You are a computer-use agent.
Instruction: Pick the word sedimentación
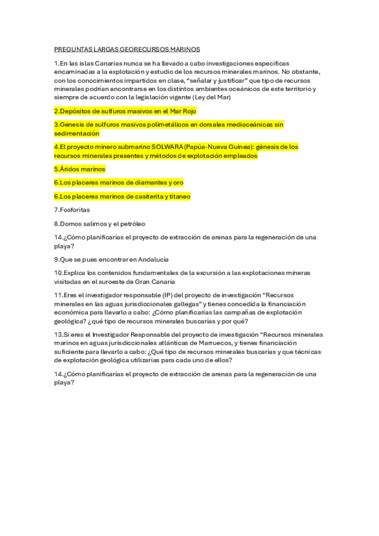(77, 133)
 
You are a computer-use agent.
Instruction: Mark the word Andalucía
(151, 259)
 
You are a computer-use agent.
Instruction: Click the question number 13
(58, 334)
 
